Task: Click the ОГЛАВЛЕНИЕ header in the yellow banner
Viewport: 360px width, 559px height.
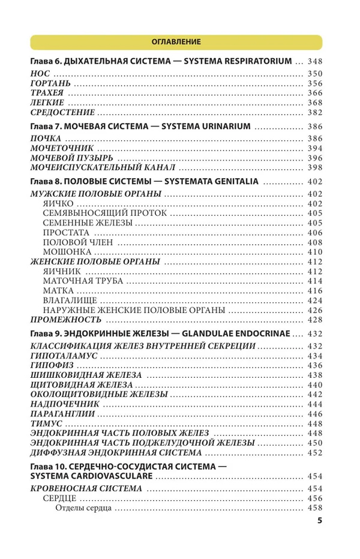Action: click(x=176, y=42)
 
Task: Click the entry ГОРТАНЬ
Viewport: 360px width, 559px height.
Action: click(x=50, y=84)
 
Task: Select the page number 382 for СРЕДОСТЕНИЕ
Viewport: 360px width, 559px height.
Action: click(x=314, y=112)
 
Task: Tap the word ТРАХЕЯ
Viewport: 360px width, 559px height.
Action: click(x=48, y=94)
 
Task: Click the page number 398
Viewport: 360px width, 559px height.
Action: click(x=314, y=167)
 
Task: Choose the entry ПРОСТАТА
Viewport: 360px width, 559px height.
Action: click(x=66, y=233)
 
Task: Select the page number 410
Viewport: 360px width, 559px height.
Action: click(x=314, y=252)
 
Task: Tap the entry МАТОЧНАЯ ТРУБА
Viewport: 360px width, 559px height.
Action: click(x=83, y=281)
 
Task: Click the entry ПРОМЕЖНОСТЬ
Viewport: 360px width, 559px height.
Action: click(x=64, y=320)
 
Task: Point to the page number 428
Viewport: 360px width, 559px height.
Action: click(x=314, y=320)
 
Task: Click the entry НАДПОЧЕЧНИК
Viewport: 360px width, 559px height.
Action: click(x=64, y=404)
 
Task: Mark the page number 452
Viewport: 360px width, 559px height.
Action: click(x=314, y=453)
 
